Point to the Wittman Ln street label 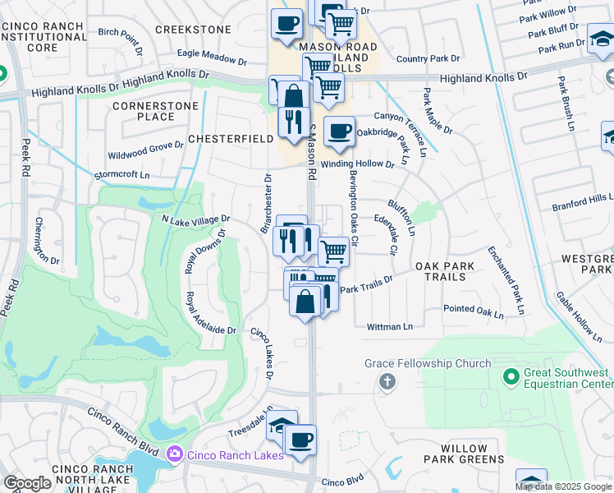click(390, 326)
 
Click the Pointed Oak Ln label click(473, 309)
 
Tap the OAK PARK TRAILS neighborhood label click(451, 271)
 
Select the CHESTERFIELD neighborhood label click(231, 139)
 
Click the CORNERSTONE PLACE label click(144, 111)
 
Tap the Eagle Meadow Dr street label click(212, 58)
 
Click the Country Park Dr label click(428, 59)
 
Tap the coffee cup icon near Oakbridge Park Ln click(338, 131)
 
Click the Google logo click(27, 483)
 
